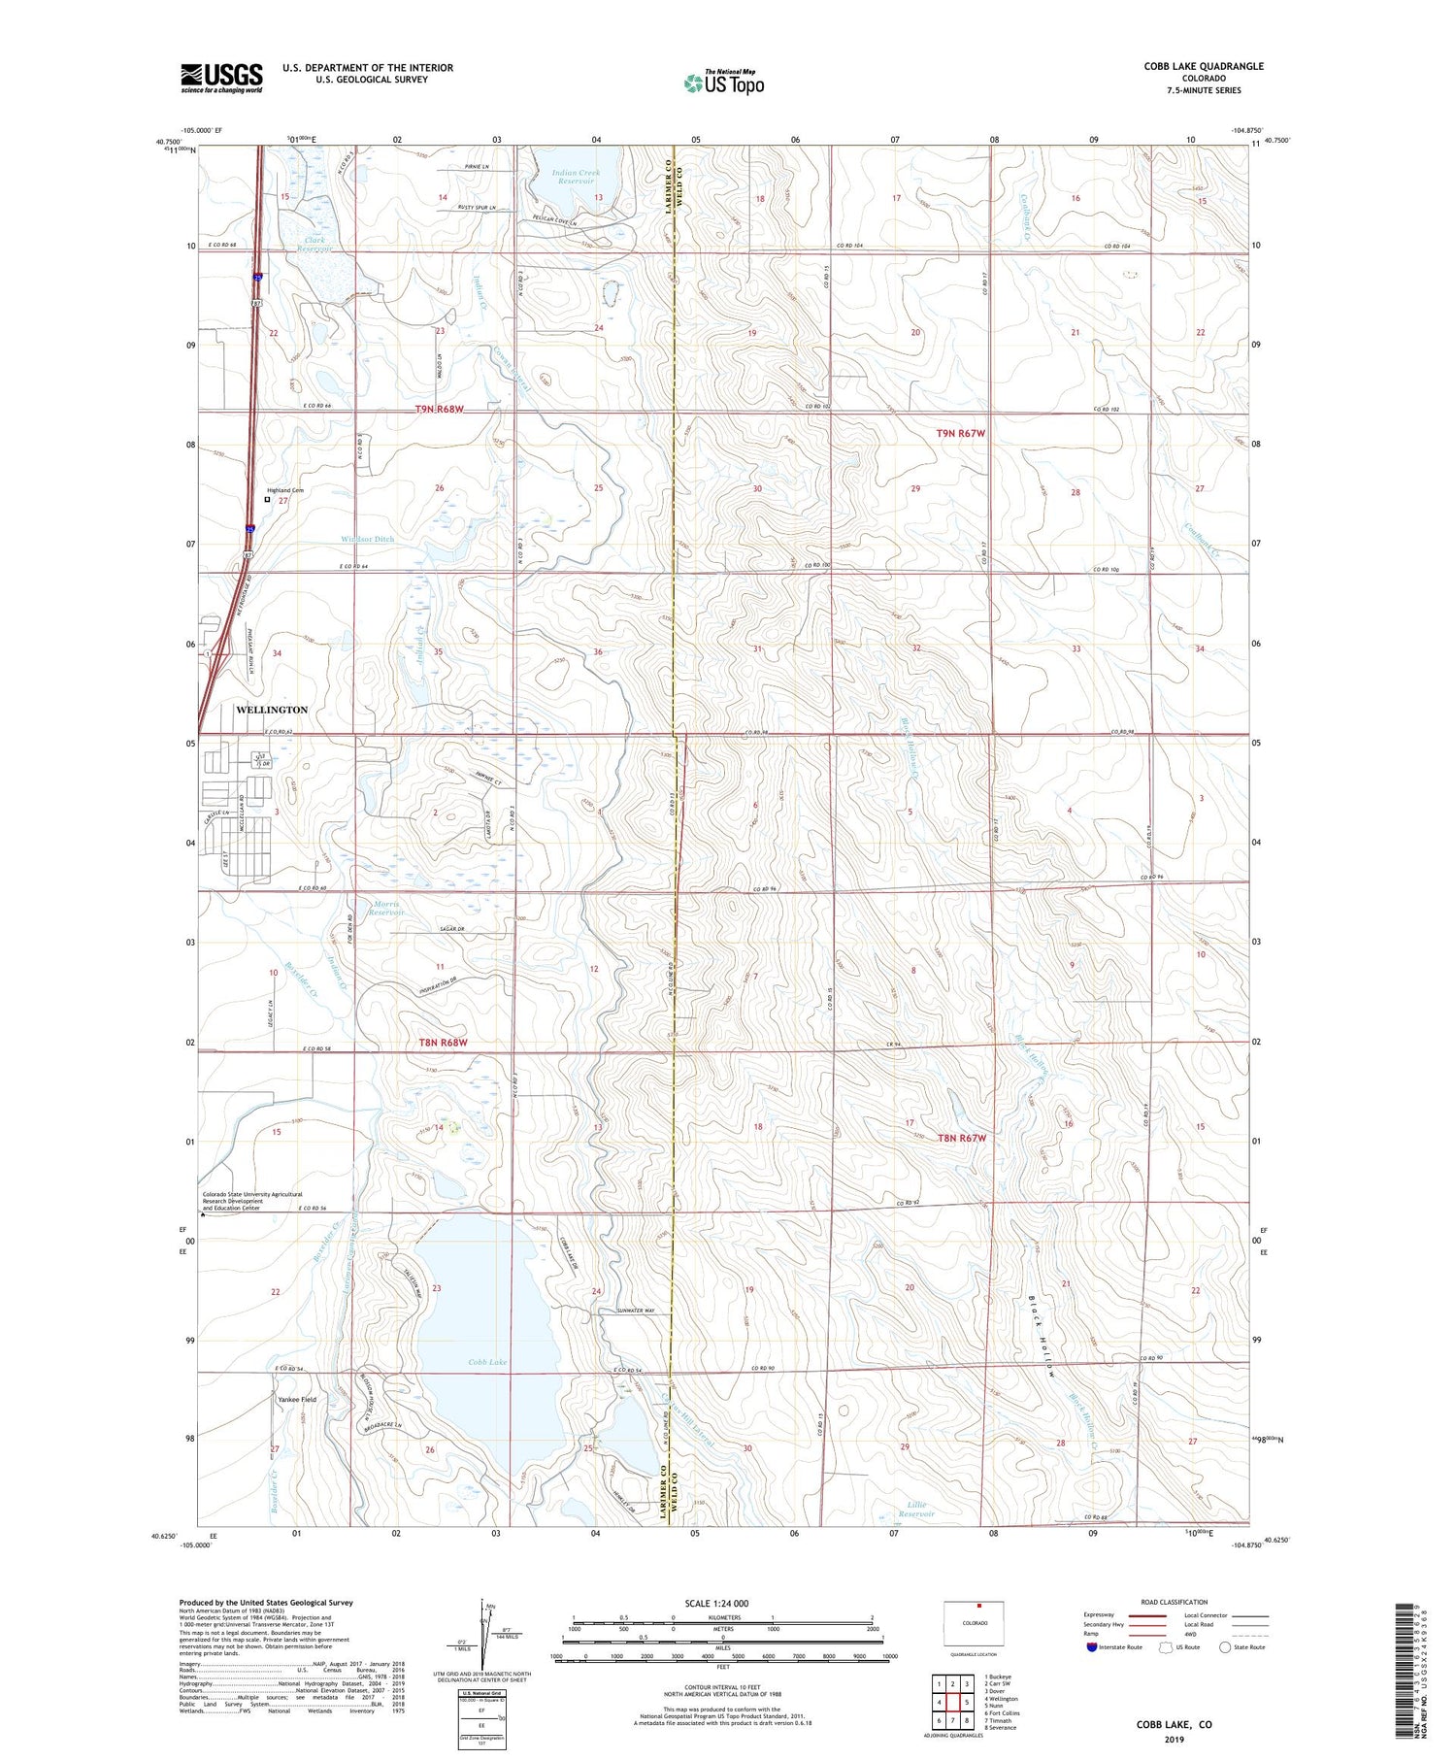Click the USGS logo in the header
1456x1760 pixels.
221,78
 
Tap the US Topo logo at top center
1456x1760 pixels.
723,83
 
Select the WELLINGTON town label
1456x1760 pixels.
272,710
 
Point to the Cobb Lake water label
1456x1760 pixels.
487,1362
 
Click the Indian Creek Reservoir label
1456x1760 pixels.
576,177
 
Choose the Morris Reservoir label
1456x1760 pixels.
387,908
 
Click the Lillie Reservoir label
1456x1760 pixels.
915,1509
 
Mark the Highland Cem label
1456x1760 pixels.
285,490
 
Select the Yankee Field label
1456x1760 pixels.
297,1399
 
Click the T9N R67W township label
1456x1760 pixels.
960,433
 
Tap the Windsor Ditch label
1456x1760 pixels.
367,539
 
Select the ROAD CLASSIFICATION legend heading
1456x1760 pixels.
1175,1602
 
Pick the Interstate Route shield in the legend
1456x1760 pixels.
1092,1647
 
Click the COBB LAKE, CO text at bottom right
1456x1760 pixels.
1174,1724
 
